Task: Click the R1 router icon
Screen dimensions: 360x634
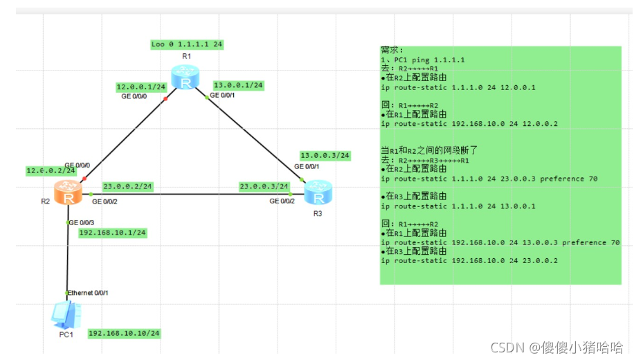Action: [x=185, y=78]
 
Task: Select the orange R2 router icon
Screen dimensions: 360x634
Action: [x=69, y=192]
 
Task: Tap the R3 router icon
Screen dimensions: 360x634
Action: [x=318, y=192]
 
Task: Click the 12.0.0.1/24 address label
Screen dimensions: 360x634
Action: [x=141, y=87]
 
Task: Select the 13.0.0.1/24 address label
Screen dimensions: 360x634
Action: [x=239, y=85]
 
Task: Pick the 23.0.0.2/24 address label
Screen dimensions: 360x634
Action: [x=128, y=186]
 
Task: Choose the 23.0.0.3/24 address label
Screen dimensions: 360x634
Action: [x=264, y=186]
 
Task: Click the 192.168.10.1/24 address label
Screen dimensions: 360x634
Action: [x=112, y=233]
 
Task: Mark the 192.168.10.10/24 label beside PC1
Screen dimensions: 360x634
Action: [x=124, y=334]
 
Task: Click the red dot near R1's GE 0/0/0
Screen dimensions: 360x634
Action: [x=165, y=99]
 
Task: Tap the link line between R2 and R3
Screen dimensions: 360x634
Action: [x=194, y=194]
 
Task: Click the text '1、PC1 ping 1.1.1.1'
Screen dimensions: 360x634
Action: [x=423, y=60]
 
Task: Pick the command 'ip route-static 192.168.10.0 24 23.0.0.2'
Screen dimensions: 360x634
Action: [x=469, y=260]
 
